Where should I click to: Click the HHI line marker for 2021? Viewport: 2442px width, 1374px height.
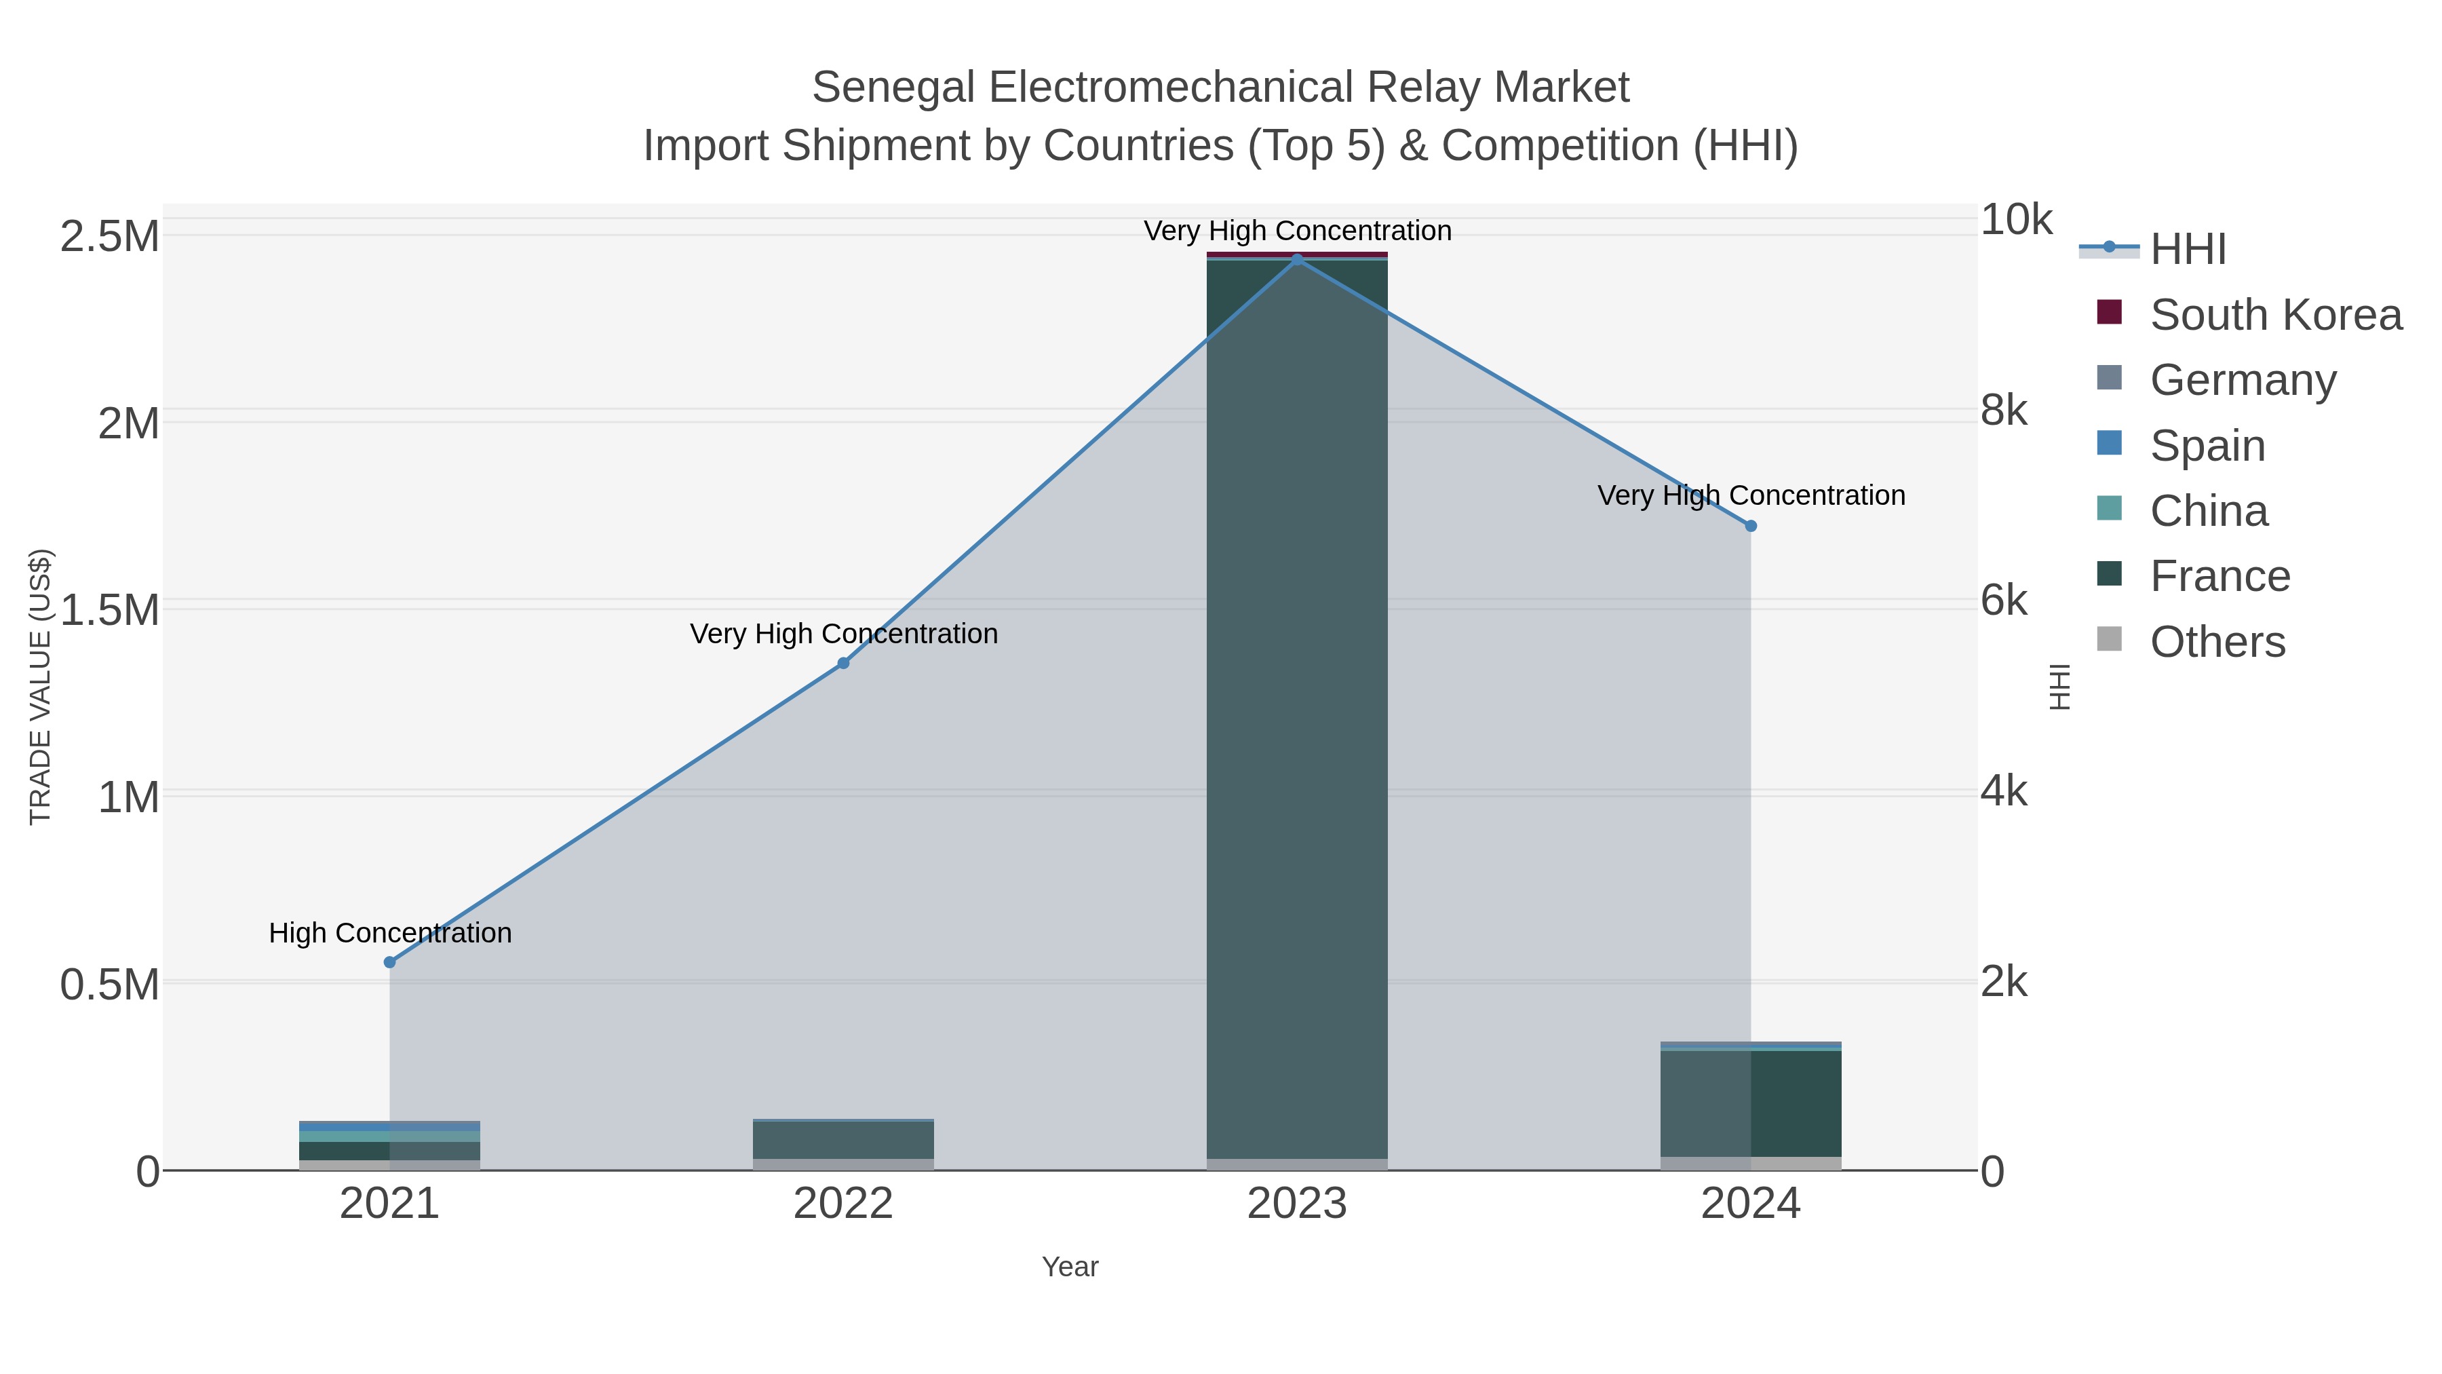click(x=389, y=961)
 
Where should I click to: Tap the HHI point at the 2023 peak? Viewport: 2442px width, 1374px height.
click(x=1297, y=259)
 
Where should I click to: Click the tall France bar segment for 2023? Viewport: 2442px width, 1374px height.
click(x=1297, y=711)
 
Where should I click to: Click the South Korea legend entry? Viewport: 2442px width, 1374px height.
click(x=2275, y=315)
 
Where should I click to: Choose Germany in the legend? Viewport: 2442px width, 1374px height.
click(x=2243, y=380)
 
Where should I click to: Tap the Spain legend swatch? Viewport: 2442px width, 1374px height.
click(x=2108, y=443)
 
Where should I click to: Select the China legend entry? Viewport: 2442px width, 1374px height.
click(x=2209, y=511)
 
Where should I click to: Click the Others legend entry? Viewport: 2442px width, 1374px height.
click(x=2217, y=642)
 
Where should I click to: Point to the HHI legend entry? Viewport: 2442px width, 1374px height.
click(x=2187, y=250)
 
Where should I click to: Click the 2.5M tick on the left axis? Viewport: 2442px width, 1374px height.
click(x=109, y=236)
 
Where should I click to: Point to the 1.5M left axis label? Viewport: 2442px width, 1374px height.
click(x=109, y=610)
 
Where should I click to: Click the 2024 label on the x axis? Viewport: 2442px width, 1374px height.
click(x=1750, y=1204)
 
